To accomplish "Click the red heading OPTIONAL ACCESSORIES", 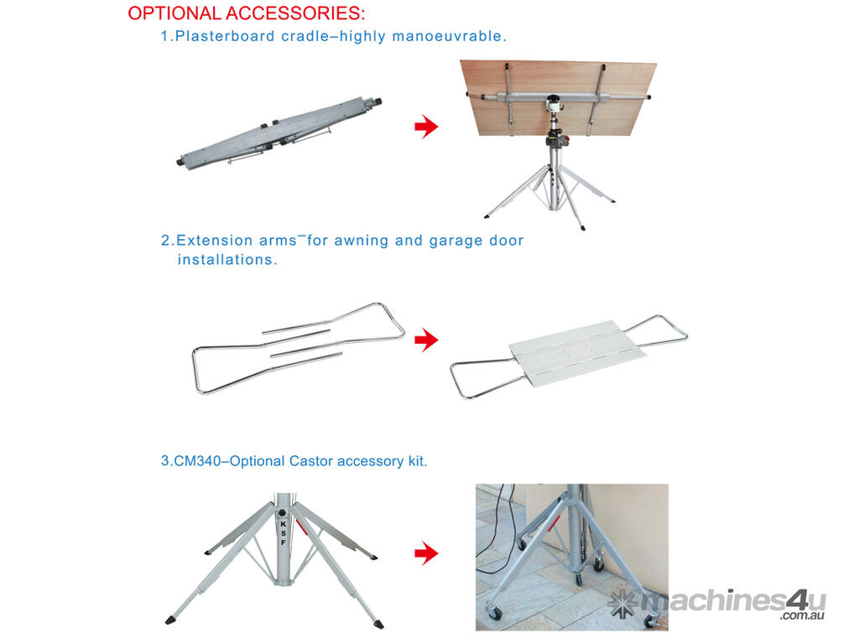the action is [x=246, y=13].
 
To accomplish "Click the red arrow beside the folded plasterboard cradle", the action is [x=426, y=127].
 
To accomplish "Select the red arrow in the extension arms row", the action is [x=426, y=340].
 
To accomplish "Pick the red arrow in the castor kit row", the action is [x=426, y=553].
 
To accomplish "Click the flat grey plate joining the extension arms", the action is [x=577, y=352].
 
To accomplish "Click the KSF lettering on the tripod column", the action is [x=284, y=532].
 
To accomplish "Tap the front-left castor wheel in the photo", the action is [x=494, y=612].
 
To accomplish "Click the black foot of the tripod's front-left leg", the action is [x=170, y=621].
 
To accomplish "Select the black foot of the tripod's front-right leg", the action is [x=378, y=624].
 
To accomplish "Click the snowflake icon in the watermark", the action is [x=623, y=605].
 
